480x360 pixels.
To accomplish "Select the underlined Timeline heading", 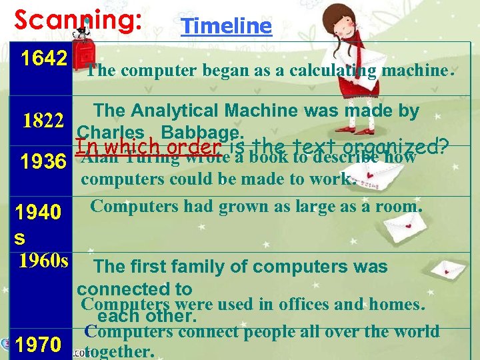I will pos(227,26).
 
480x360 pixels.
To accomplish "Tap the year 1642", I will pos(44,58).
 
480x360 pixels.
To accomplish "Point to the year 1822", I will pos(43,121).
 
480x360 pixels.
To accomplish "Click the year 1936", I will pos(43,161).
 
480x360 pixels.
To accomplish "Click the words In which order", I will pos(149,145).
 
